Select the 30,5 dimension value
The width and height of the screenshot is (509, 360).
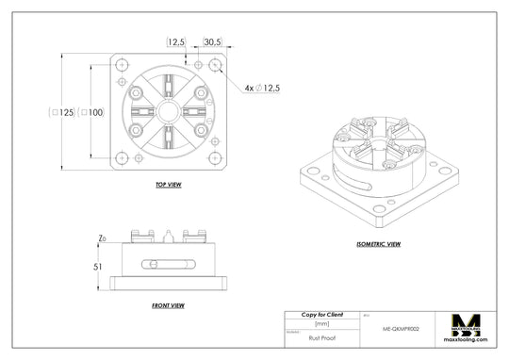click(x=212, y=42)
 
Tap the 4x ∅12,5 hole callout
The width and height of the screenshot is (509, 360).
click(x=263, y=88)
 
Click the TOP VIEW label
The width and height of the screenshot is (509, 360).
click(x=168, y=186)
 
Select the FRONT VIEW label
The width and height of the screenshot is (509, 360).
click(x=168, y=305)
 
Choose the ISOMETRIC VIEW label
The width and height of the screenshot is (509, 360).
click(x=378, y=244)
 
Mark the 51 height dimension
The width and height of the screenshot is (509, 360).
click(x=97, y=267)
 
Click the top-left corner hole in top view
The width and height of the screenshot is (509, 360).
click(x=122, y=65)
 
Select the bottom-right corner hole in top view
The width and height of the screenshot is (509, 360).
click(x=216, y=158)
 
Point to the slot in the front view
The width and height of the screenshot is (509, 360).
click(x=168, y=263)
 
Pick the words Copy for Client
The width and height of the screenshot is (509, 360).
click(x=321, y=313)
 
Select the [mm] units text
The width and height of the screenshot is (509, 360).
click(x=321, y=322)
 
